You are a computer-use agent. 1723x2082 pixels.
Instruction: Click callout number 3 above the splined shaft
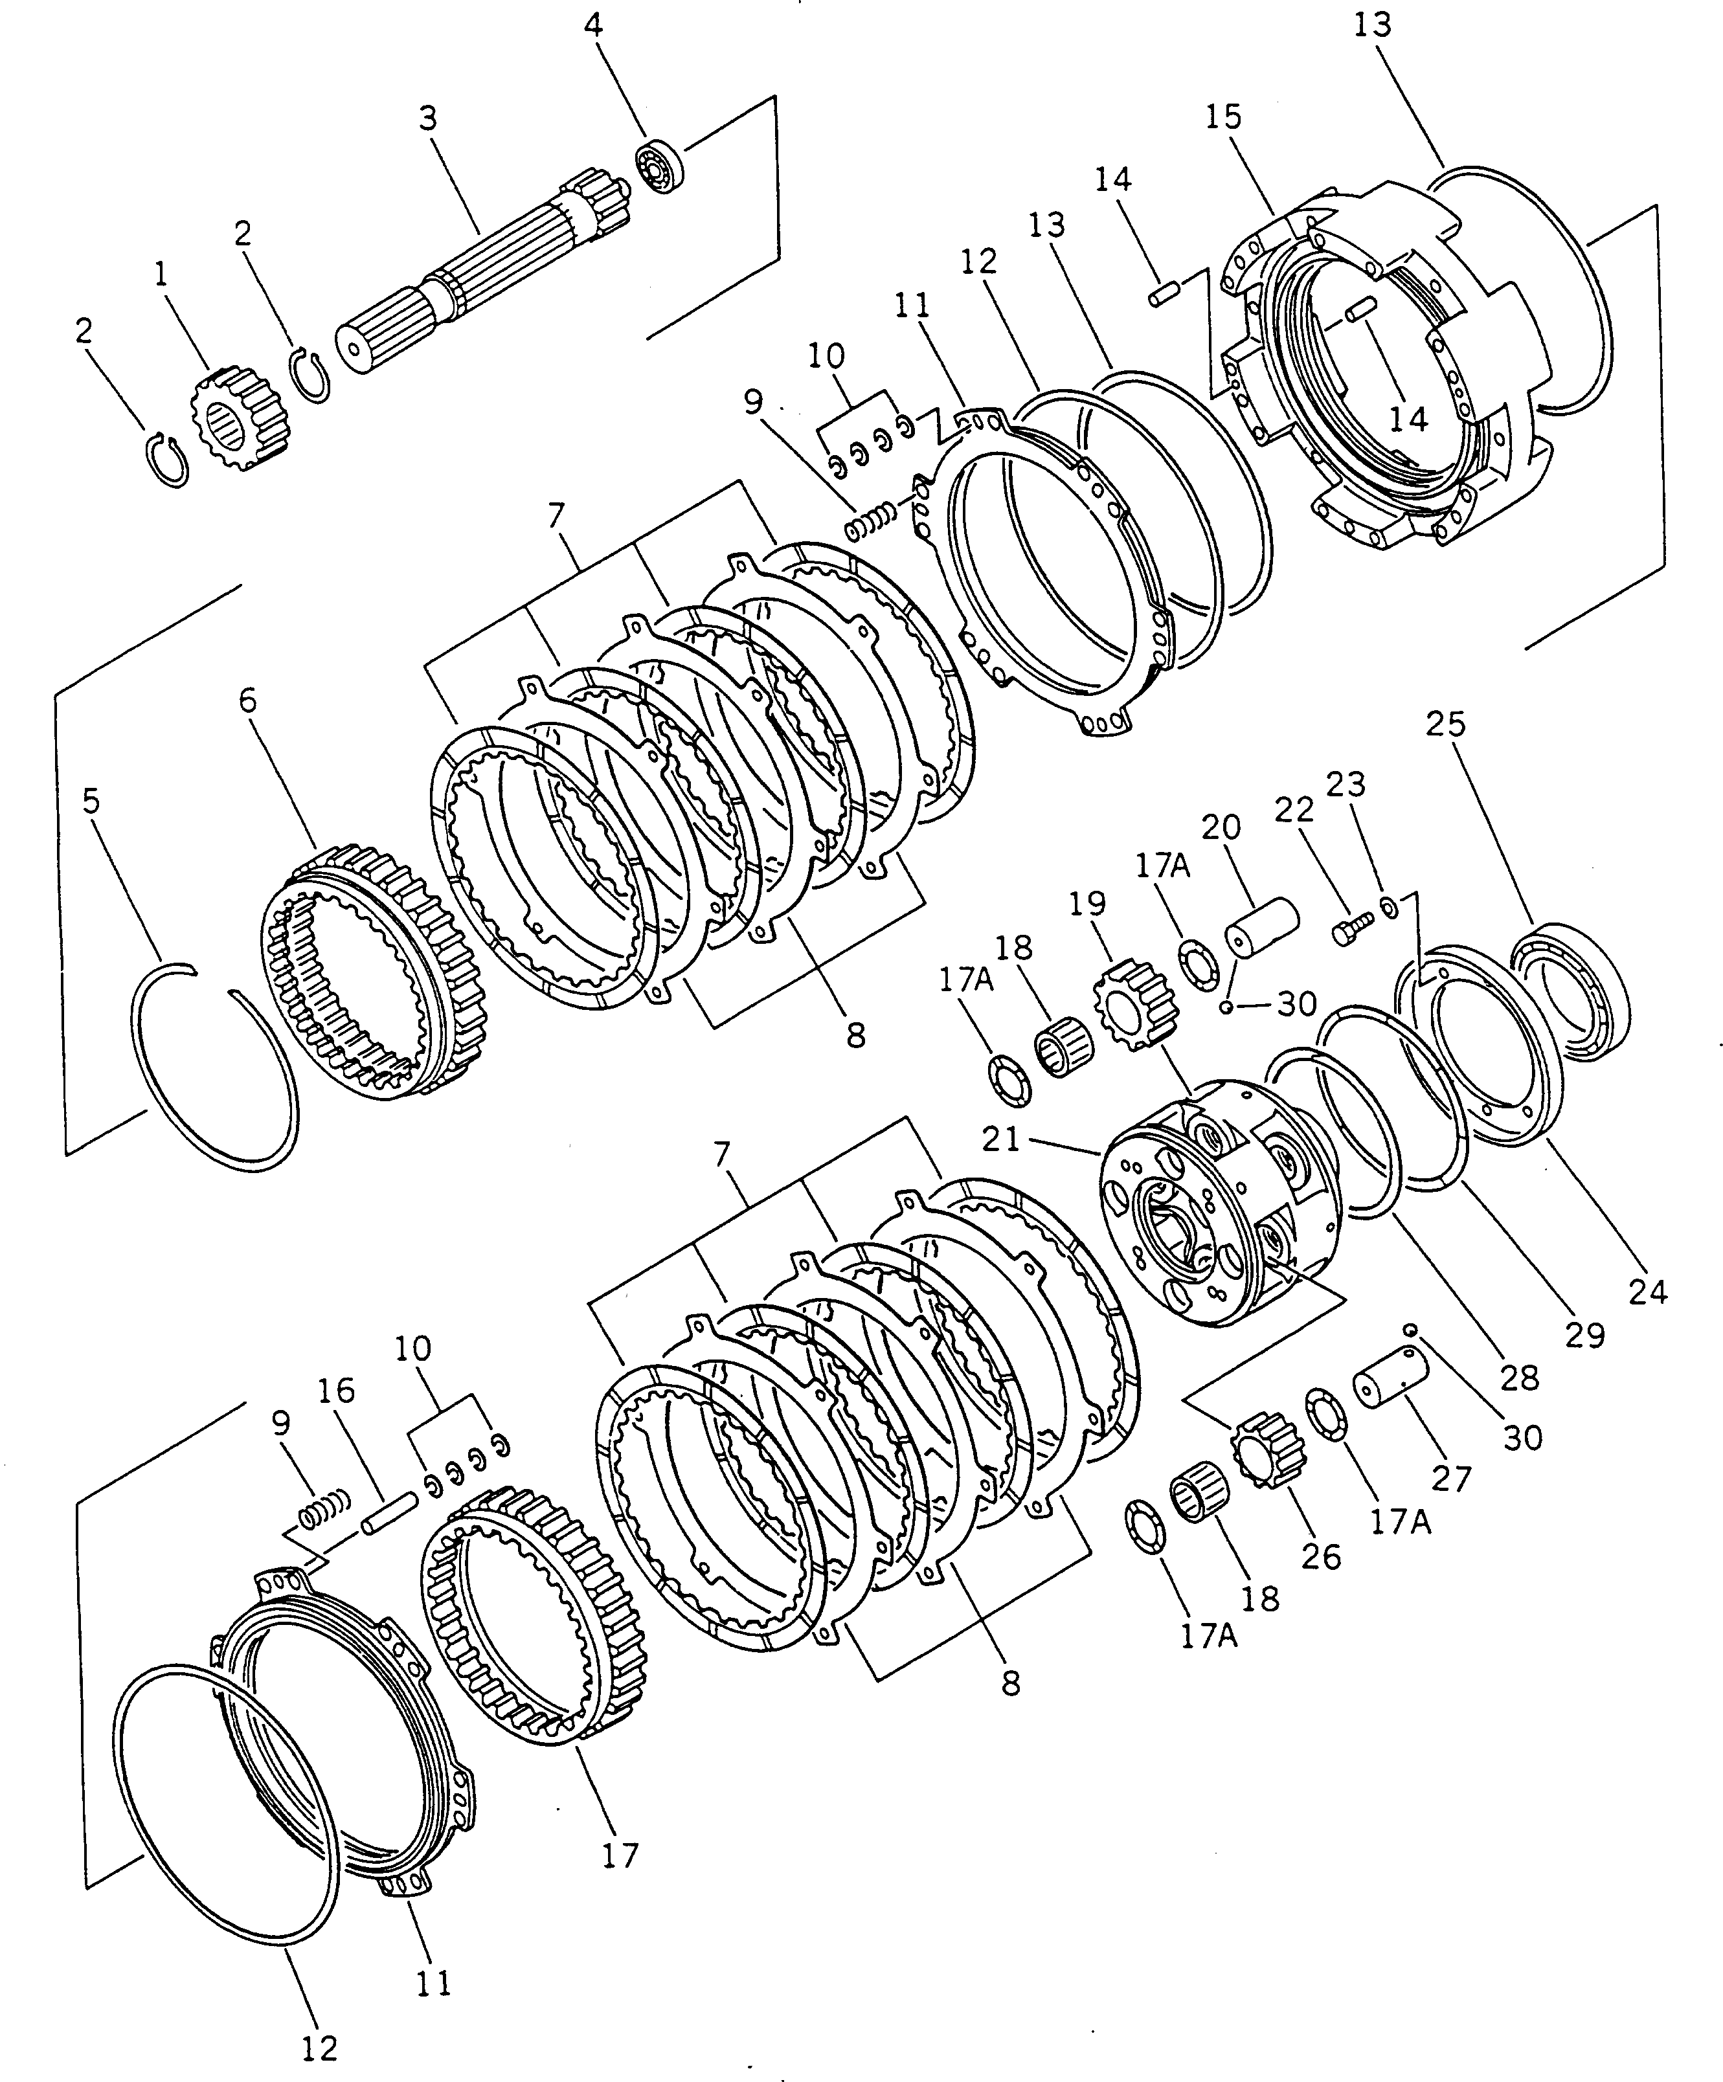(427, 119)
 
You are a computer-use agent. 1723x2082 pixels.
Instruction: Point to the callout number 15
(1223, 117)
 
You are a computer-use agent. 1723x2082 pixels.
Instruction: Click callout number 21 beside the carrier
(1000, 1139)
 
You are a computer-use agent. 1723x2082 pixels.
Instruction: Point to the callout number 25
(1445, 724)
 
